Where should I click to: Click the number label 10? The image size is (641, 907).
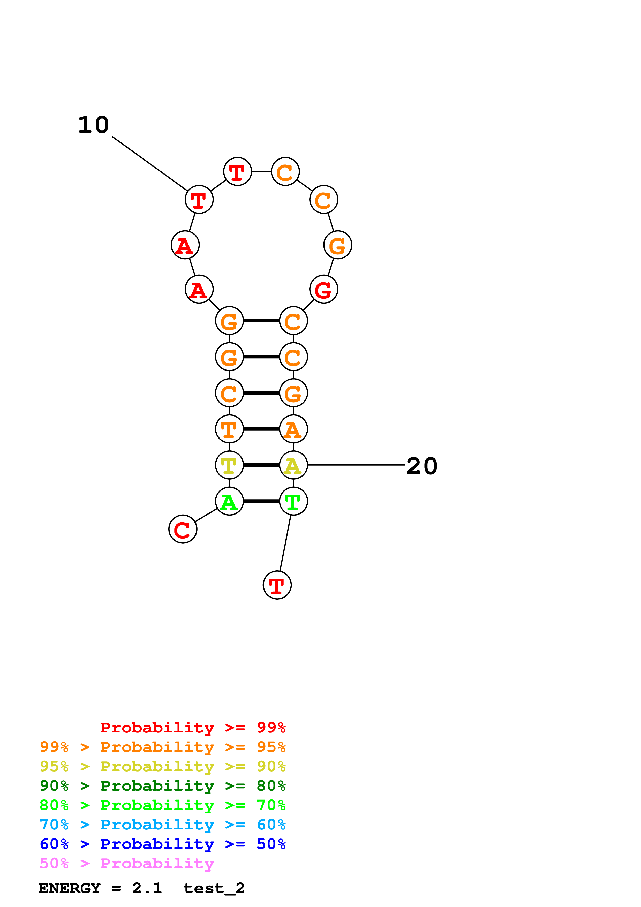click(x=94, y=125)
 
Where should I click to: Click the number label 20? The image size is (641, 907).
click(x=421, y=466)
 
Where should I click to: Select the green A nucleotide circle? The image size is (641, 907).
click(x=229, y=501)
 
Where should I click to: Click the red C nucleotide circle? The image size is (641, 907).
click(x=183, y=529)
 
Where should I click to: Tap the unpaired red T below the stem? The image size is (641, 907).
click(x=277, y=585)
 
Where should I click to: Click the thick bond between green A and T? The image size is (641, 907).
click(x=261, y=501)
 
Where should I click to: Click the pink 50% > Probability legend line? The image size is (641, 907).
click(x=127, y=864)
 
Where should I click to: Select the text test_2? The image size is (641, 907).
click(x=214, y=888)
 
